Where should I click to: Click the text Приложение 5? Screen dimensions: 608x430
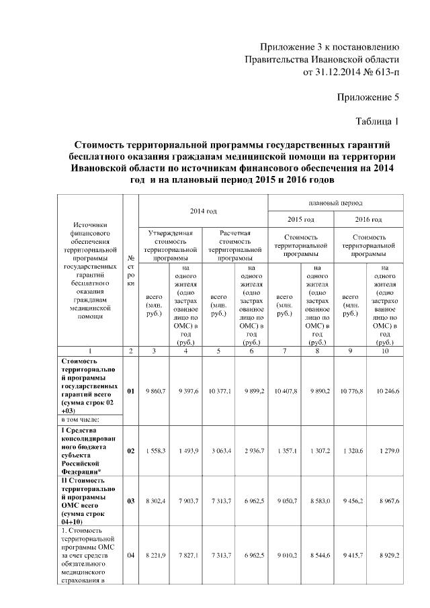click(x=368, y=97)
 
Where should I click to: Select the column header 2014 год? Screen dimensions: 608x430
click(x=203, y=211)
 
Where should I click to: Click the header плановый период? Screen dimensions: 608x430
click(x=335, y=202)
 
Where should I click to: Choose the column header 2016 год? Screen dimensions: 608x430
click(x=368, y=220)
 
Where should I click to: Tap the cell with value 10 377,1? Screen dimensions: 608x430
click(x=220, y=390)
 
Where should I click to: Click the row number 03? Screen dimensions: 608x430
click(x=131, y=501)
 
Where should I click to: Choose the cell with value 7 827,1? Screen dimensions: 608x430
click(x=187, y=555)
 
